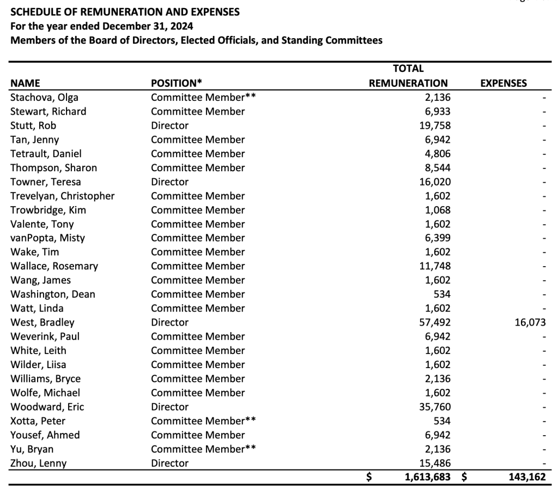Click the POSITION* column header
(x=176, y=83)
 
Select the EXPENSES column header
(x=503, y=83)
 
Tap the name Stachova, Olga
(x=44, y=98)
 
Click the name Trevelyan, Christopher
(x=63, y=196)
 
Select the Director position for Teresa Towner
(x=169, y=182)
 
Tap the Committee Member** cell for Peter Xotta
(x=203, y=421)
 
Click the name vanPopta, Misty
(x=47, y=238)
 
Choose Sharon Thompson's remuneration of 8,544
(x=438, y=167)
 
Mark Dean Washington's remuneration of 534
(x=441, y=294)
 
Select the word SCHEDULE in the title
(x=35, y=11)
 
